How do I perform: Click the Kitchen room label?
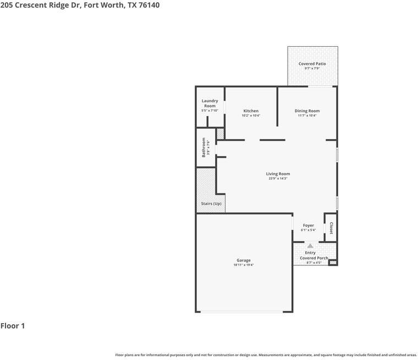point(251,111)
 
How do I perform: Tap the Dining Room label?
point(307,111)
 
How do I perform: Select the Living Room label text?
point(278,174)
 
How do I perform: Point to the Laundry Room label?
point(210,103)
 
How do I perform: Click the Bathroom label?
point(204,147)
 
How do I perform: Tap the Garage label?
point(243,261)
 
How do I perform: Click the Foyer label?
point(308,225)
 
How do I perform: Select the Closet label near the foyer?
point(331,228)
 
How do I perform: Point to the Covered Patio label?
point(312,64)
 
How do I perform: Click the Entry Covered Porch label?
point(313,255)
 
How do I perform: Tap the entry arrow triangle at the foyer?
point(310,246)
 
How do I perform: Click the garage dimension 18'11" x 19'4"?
point(243,265)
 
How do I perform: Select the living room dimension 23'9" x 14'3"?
point(278,179)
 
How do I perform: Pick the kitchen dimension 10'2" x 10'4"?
point(251,115)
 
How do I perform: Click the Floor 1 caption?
point(13,326)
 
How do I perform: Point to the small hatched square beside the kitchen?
point(220,134)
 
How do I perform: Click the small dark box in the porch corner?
point(332,263)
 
